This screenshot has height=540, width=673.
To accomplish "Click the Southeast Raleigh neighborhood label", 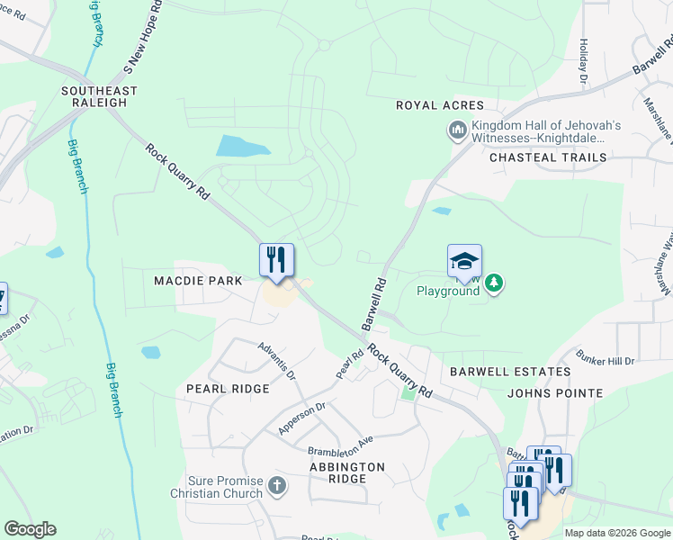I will (x=99, y=96).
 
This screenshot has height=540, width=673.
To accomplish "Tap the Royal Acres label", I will (x=440, y=105).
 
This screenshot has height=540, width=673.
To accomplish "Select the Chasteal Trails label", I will (x=548, y=157).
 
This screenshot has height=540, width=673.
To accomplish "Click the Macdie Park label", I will (x=198, y=281).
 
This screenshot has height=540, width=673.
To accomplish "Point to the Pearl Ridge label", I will (x=228, y=389).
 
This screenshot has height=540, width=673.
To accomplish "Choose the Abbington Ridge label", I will (x=347, y=473).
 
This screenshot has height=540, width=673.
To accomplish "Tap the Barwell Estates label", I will (x=510, y=371).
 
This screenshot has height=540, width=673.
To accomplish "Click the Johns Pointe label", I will (x=555, y=393).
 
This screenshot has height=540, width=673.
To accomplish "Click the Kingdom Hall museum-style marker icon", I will (x=457, y=131).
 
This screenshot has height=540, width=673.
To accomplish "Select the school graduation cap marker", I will (x=464, y=261).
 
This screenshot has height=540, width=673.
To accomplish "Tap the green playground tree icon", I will (x=493, y=284).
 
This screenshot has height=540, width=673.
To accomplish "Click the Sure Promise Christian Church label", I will (x=219, y=487).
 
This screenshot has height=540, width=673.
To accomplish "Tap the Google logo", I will (x=30, y=529).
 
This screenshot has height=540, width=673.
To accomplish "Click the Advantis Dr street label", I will (x=276, y=358).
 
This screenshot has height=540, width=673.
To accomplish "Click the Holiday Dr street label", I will (x=583, y=62).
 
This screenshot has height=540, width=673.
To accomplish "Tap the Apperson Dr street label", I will (x=301, y=418).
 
